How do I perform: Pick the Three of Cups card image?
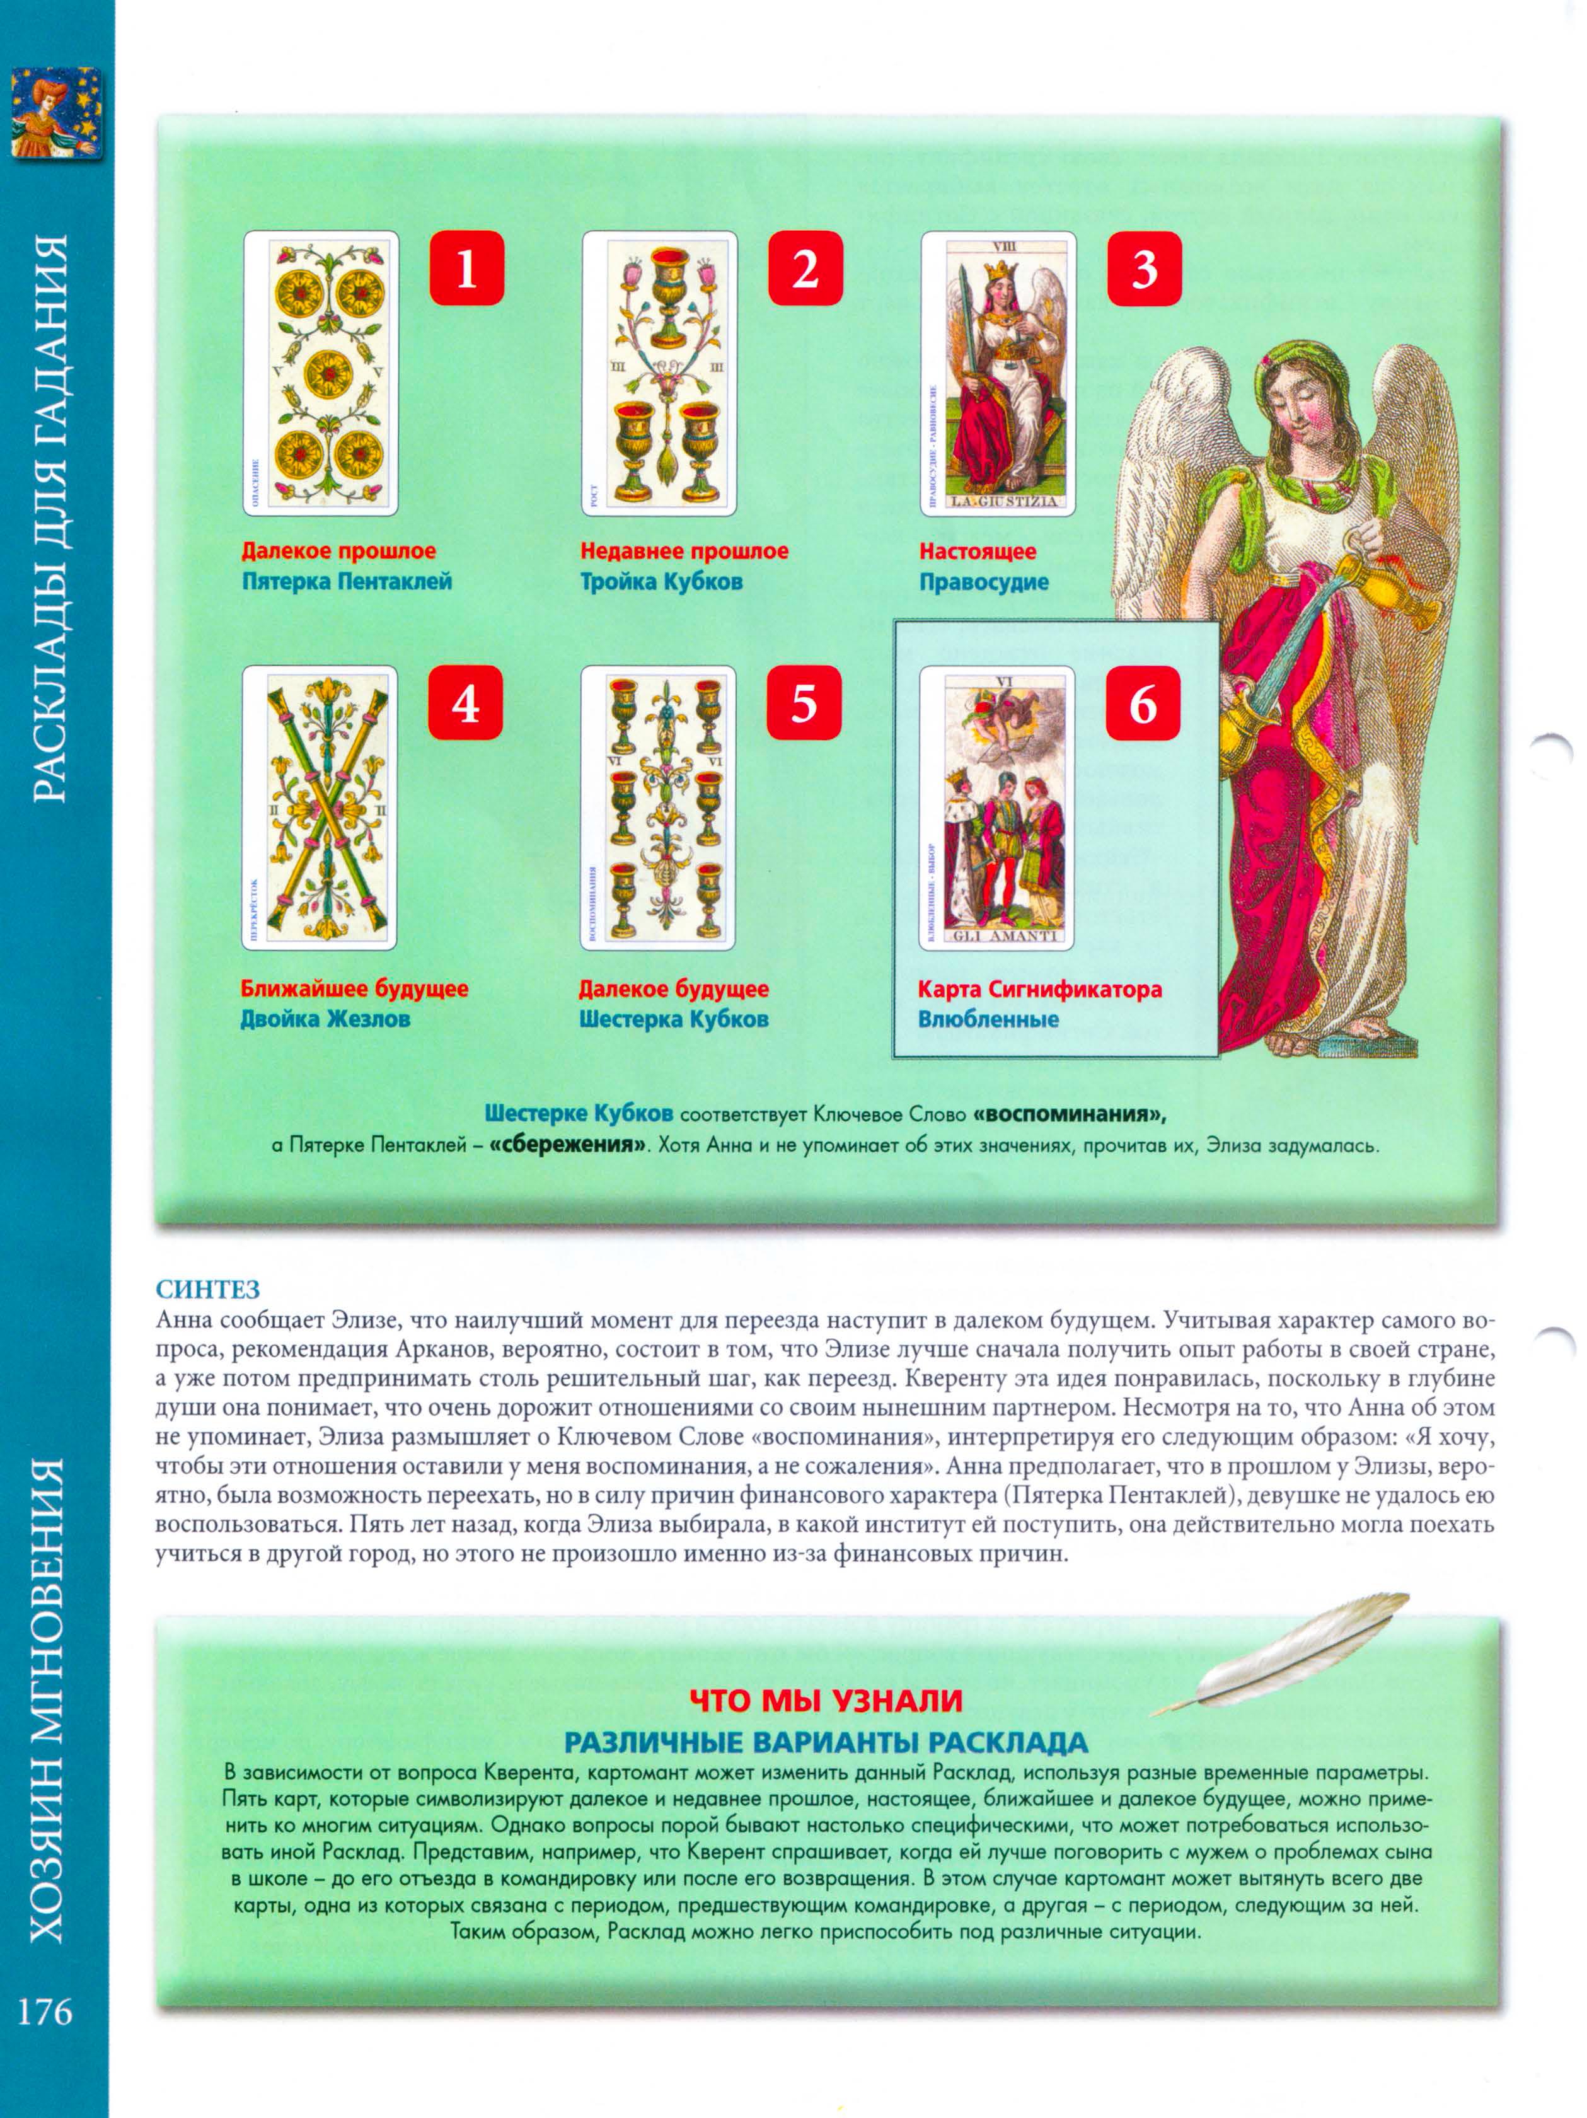click(659, 373)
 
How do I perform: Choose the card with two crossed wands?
click(319, 807)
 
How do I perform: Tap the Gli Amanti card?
click(996, 807)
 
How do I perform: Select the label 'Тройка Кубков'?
click(661, 581)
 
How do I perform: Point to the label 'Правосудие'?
click(983, 581)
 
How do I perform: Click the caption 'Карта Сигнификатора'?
click(1039, 988)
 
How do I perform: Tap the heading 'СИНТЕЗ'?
click(208, 1289)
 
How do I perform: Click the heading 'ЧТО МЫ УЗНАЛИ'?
click(825, 1699)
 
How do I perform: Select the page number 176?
click(45, 2011)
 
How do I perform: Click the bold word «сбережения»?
click(567, 1144)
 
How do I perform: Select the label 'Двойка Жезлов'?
click(325, 1019)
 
